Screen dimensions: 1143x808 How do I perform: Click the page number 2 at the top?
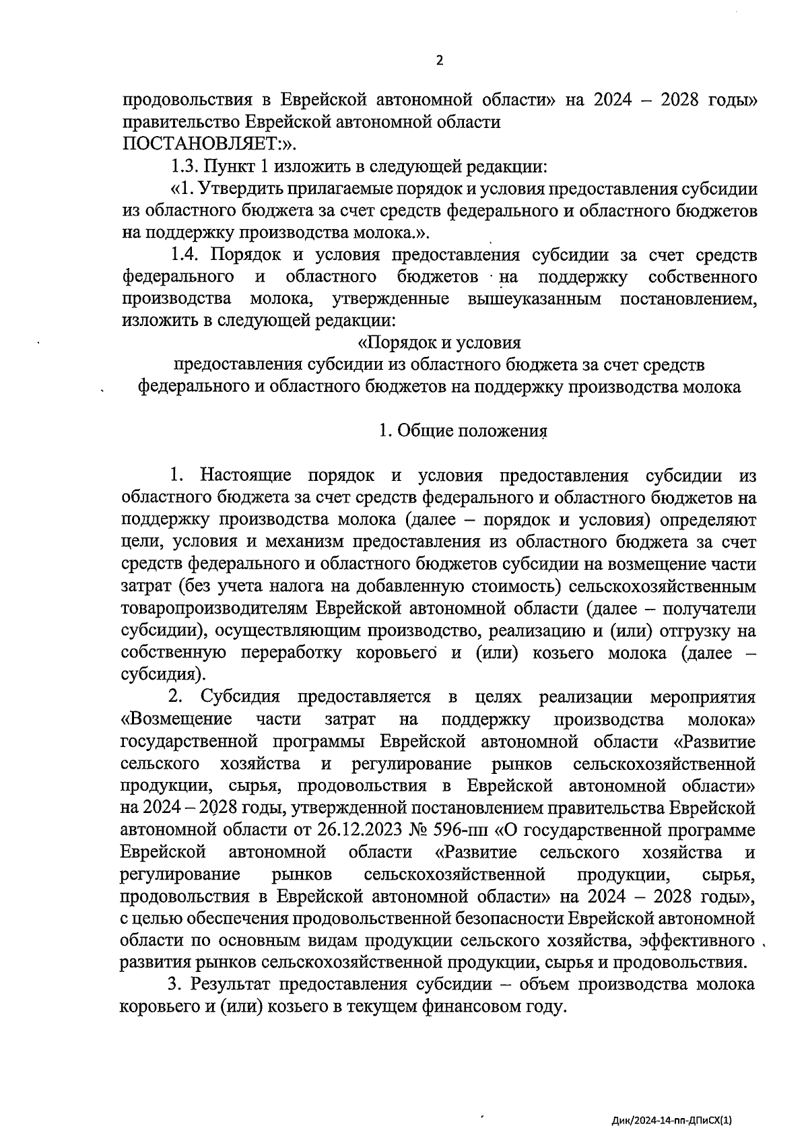pos(440,61)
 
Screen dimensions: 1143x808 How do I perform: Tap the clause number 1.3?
pos(184,166)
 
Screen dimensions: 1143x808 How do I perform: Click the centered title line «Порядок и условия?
pos(439,343)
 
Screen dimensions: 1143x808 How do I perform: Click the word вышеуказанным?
pos(534,298)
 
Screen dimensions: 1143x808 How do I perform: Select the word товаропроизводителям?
pos(213,608)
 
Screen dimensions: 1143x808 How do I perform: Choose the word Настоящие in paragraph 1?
pos(246,476)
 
